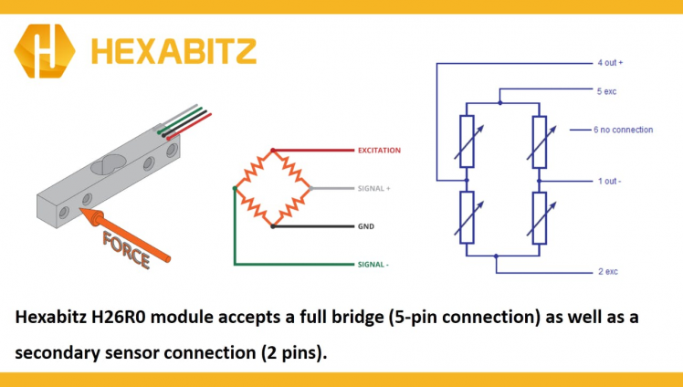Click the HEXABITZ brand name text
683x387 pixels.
coord(174,50)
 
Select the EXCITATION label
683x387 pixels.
coord(379,150)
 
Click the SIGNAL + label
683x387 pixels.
coord(373,188)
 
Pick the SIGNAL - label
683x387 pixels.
coord(373,265)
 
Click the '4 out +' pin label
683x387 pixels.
coord(609,63)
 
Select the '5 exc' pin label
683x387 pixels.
coord(607,91)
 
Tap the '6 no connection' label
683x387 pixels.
coord(623,130)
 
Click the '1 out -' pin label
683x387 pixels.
coord(609,181)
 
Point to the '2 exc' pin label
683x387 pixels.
coord(607,272)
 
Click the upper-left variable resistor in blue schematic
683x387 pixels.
coord(466,141)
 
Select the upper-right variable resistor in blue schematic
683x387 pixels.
coord(540,141)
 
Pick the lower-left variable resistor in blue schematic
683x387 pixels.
coord(466,217)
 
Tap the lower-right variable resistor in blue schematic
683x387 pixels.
coord(540,217)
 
